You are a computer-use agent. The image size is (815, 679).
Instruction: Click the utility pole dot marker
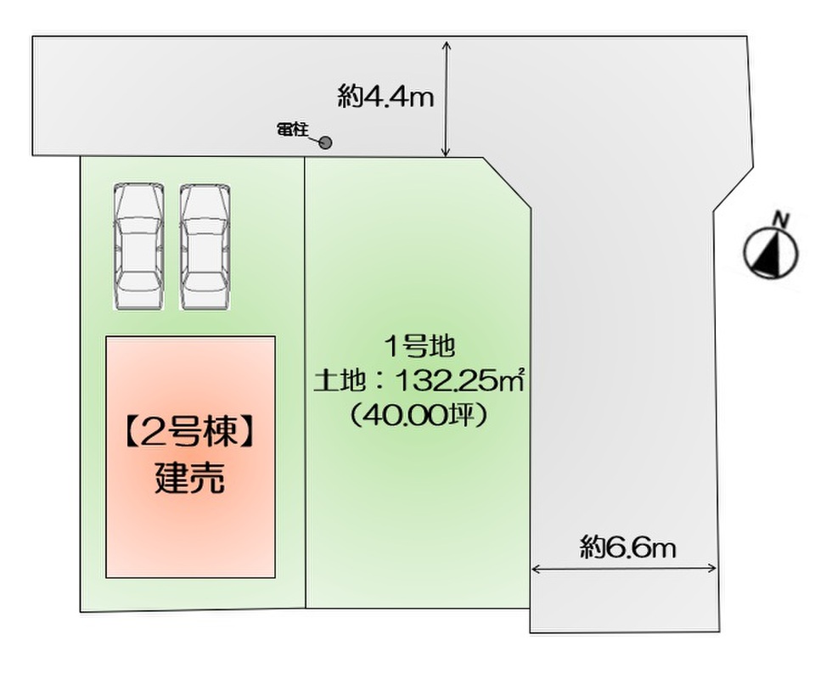tap(325, 143)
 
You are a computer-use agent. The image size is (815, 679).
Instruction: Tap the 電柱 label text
tap(292, 129)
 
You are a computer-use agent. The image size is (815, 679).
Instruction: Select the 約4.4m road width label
tap(385, 97)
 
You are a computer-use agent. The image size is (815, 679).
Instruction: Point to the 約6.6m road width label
tap(628, 547)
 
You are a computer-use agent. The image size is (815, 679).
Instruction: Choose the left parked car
tap(139, 245)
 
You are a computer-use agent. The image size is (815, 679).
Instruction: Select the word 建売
tap(190, 479)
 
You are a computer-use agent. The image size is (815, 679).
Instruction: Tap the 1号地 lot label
tap(420, 345)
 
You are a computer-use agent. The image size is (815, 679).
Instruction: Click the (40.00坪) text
tap(420, 417)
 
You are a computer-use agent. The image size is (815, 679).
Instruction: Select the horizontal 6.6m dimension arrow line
tap(625, 570)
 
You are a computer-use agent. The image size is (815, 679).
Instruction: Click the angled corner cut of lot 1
tap(508, 181)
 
